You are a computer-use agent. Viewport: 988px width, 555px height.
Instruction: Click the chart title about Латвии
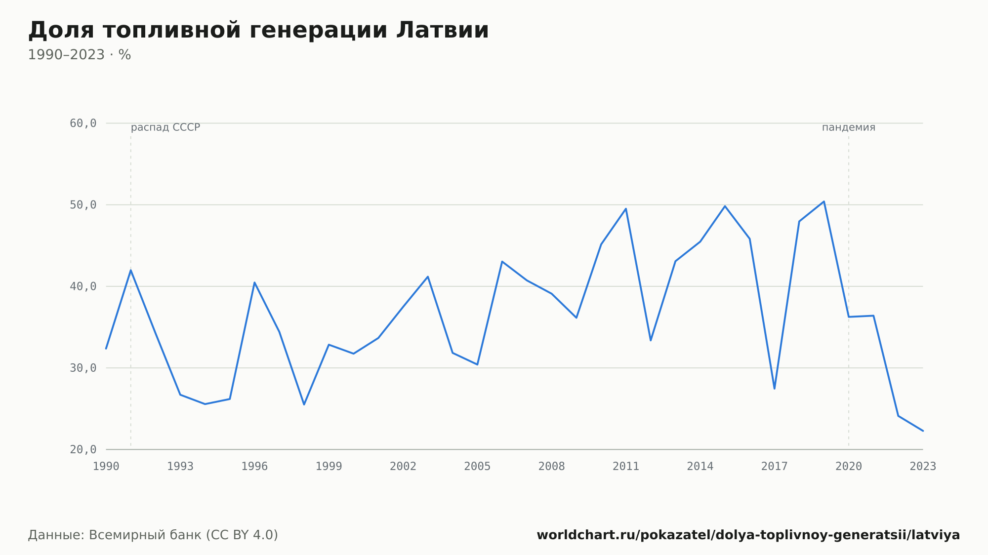(258, 30)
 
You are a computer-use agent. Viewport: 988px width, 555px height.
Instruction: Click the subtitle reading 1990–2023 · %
(80, 55)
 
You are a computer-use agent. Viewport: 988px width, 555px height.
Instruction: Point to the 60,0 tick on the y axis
(83, 123)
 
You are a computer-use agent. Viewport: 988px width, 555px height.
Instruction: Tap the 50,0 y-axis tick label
(83, 205)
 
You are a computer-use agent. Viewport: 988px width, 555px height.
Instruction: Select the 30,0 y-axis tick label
(83, 368)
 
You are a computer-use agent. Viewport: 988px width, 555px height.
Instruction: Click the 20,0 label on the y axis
(83, 449)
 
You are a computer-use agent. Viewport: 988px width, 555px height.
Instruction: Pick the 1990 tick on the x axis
(106, 467)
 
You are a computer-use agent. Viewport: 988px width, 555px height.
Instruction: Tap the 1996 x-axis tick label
(254, 467)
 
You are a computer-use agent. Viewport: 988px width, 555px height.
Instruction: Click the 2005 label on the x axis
(477, 467)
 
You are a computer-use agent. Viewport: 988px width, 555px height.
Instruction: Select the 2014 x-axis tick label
(700, 467)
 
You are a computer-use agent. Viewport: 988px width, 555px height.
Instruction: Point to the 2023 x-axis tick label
(923, 467)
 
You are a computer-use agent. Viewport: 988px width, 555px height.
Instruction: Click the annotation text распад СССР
(165, 127)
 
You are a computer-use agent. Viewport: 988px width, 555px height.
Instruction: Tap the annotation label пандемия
(849, 127)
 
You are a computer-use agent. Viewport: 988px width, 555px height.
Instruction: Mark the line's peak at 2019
(824, 201)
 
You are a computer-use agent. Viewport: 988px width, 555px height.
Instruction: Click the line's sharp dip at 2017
(775, 389)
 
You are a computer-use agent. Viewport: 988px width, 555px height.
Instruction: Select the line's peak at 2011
(626, 208)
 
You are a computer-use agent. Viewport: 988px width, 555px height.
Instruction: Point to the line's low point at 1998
(304, 404)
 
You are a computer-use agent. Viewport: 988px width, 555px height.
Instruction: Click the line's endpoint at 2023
(923, 431)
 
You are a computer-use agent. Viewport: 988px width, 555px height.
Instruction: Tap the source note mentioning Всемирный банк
(153, 535)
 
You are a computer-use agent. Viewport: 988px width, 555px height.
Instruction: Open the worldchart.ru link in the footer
(748, 535)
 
